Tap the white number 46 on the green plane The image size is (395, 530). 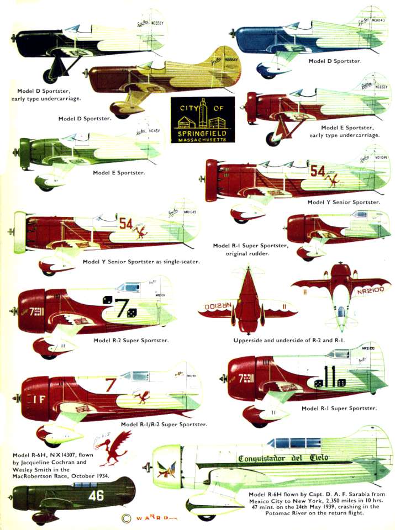[96, 495]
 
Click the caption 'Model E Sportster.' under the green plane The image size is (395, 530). [119, 173]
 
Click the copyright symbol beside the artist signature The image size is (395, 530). [126, 518]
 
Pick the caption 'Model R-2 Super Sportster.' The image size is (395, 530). [131, 341]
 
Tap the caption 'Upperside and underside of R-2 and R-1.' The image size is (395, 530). [289, 341]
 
